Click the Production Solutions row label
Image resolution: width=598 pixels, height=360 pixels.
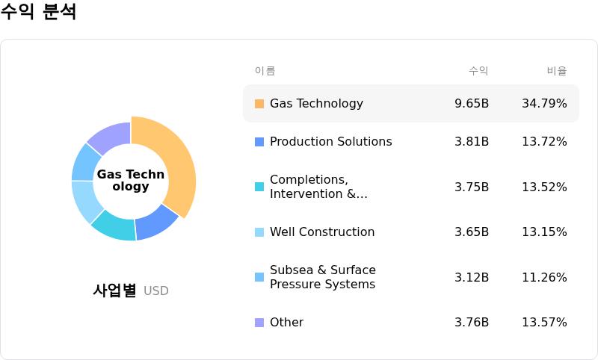point(330,142)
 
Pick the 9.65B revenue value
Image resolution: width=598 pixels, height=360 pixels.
point(472,104)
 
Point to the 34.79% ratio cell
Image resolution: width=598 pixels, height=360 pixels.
point(544,104)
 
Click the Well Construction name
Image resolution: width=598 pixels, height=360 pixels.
point(322,232)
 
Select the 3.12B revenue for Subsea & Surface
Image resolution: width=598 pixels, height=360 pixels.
point(472,278)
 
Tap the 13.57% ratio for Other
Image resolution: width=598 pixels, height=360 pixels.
point(544,323)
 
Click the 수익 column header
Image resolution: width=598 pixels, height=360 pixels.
point(478,71)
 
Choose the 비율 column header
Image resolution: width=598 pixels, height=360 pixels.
point(557,71)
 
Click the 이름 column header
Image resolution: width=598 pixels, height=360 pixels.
point(265,71)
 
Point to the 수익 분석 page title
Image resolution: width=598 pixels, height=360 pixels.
point(38,12)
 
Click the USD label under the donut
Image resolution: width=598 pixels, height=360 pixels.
point(156,291)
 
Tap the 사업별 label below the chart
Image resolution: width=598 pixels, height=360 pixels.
point(114,291)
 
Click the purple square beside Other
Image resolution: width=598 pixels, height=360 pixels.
point(259,323)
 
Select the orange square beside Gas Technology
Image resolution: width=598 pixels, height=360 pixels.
point(259,104)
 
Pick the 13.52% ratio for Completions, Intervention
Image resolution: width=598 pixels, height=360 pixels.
point(544,187)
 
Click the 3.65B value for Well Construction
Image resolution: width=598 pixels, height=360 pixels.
point(472,232)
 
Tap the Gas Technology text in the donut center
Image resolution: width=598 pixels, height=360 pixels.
point(131,181)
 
